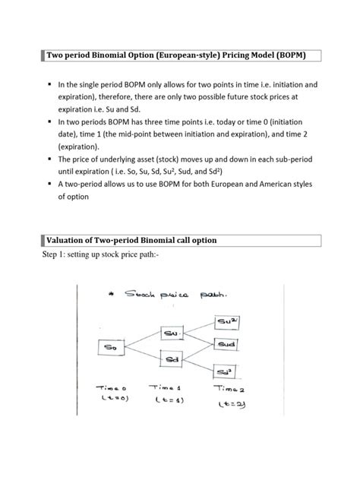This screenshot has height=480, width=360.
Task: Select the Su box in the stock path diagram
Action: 172,333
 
